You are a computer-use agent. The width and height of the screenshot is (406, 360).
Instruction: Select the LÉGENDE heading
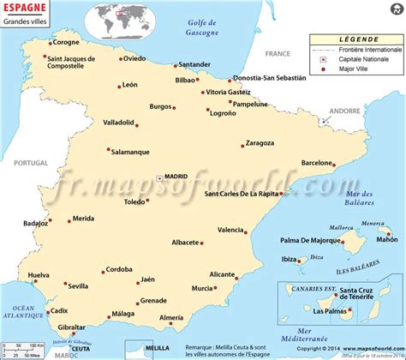pos(355,39)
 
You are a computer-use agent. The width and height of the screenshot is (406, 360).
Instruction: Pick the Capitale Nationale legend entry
pos(361,59)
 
